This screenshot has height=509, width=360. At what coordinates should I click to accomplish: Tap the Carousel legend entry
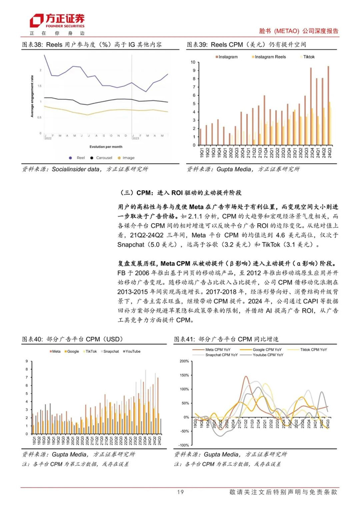click(105, 158)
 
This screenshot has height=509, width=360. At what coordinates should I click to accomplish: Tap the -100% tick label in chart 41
click(183, 445)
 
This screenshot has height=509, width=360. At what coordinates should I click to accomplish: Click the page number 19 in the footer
click(180, 493)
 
